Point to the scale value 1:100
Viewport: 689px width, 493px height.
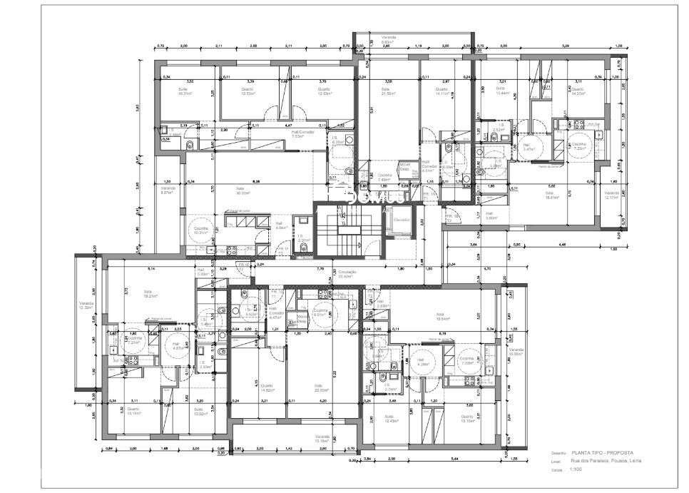pos(577,470)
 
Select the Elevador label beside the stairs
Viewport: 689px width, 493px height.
pos(401,220)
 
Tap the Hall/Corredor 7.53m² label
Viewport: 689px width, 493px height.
pos(298,133)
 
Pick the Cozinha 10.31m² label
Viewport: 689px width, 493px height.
pos(201,230)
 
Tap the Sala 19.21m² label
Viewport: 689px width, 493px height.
pos(148,293)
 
